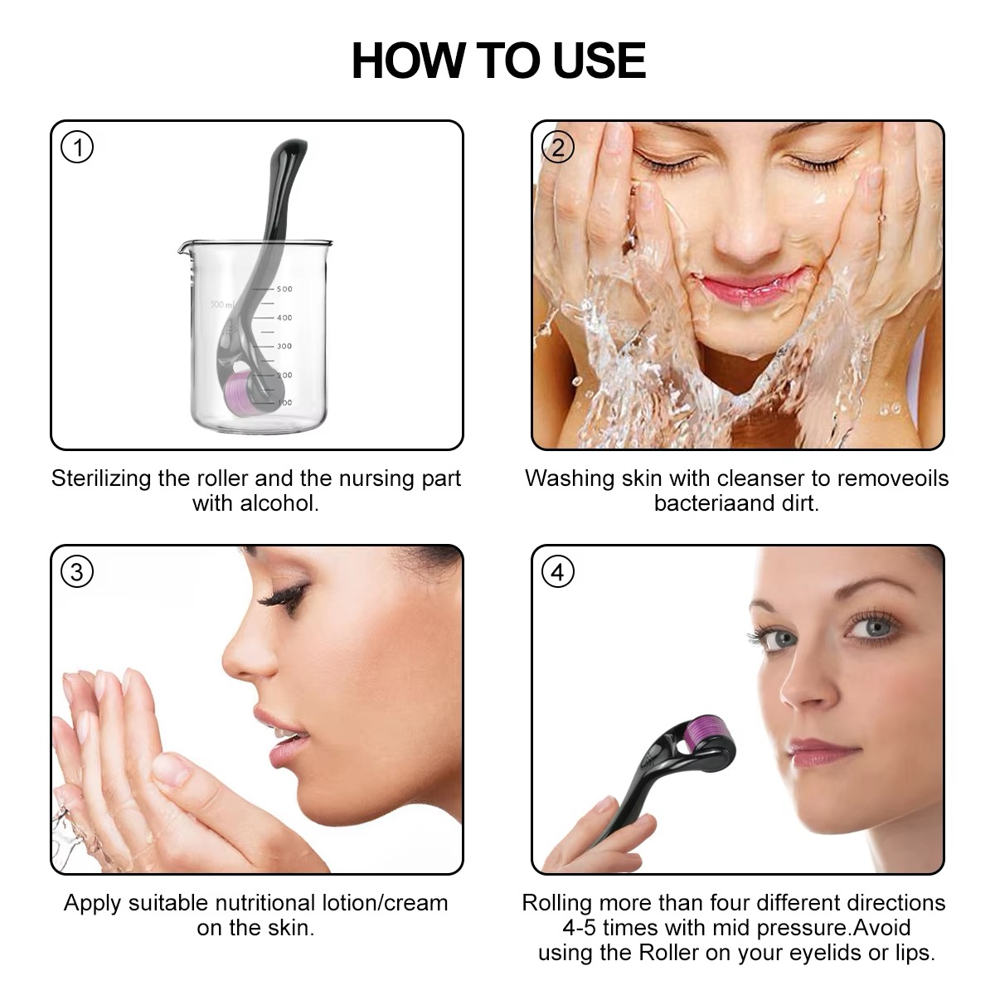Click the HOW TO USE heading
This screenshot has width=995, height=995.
click(x=498, y=60)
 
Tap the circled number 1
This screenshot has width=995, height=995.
click(x=78, y=148)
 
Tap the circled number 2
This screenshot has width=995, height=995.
click(x=558, y=148)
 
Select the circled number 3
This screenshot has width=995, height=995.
click(x=78, y=572)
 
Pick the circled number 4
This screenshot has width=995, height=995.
click(x=558, y=572)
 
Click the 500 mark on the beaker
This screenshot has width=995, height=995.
click(x=284, y=289)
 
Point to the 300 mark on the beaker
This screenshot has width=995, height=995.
click(x=284, y=347)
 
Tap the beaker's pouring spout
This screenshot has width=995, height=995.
click(x=184, y=246)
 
